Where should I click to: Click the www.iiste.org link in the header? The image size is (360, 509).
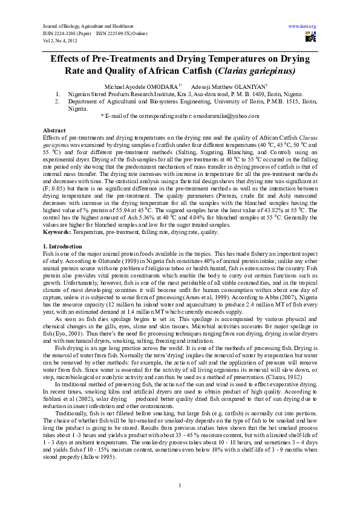pyautogui.click(x=303, y=27)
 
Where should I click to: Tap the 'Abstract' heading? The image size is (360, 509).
pyautogui.click(x=54, y=131)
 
